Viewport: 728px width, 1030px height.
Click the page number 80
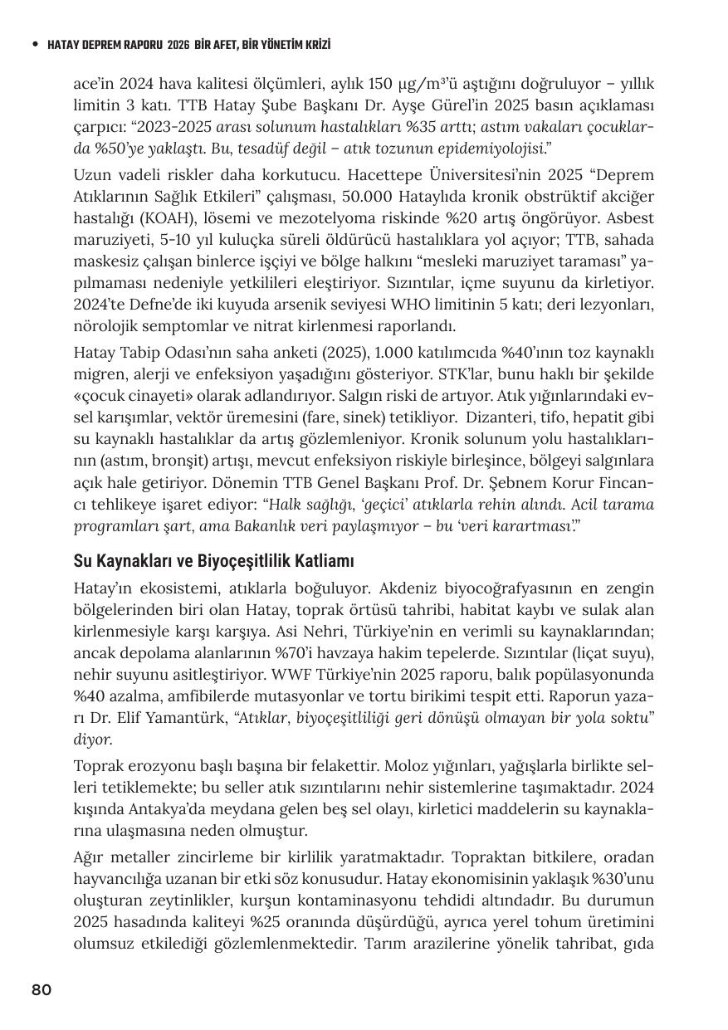pyautogui.click(x=42, y=989)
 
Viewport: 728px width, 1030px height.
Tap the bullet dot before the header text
pyautogui.click(x=34, y=45)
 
